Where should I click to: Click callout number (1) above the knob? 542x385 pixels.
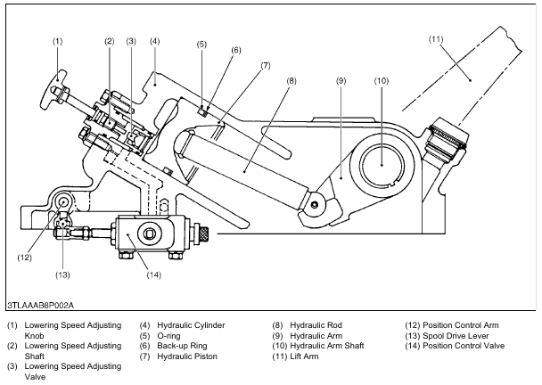[57, 42]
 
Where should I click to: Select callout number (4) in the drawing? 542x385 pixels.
[155, 42]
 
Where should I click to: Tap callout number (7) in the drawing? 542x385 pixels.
[265, 66]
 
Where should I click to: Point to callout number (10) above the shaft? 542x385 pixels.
[382, 81]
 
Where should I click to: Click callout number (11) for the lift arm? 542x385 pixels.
[436, 39]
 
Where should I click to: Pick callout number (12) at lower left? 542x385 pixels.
[25, 258]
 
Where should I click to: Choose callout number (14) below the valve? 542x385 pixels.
[154, 274]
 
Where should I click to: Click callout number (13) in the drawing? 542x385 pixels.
[62, 274]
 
